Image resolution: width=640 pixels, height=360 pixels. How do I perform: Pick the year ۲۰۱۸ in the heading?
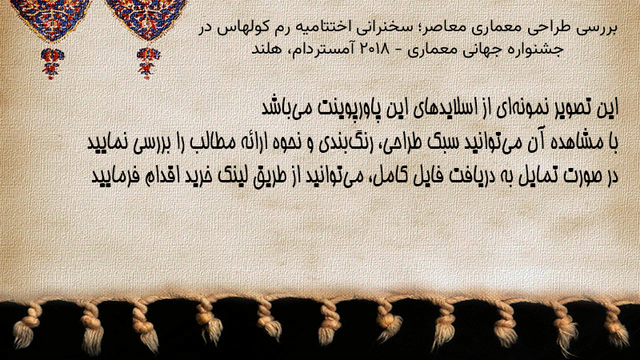point(374,49)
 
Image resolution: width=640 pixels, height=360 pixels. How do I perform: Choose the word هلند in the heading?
point(266,49)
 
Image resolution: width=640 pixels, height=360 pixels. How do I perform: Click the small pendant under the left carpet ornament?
point(52,63)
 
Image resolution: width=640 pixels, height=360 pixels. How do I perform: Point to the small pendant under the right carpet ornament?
point(149,63)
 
